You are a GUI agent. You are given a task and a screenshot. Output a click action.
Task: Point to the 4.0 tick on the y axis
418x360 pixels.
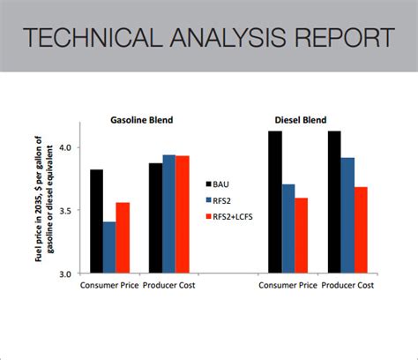(68, 147)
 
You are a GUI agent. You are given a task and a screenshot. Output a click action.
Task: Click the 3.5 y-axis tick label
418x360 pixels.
(68, 210)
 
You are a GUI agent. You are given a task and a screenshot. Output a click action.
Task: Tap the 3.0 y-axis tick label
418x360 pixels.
(68, 274)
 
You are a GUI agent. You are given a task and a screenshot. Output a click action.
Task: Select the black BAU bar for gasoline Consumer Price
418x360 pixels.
(96, 221)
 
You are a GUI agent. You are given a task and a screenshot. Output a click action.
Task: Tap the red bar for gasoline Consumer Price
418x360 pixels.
(123, 237)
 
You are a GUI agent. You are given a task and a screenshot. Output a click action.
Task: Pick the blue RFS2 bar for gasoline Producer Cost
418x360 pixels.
(168, 214)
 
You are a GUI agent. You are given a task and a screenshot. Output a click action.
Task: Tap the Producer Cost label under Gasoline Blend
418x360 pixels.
(169, 286)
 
